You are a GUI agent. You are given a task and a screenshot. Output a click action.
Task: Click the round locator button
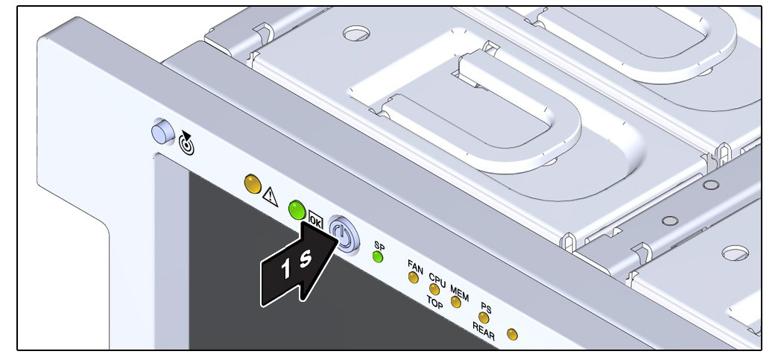pos(162,132)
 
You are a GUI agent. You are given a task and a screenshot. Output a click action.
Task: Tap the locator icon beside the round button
pos(187,143)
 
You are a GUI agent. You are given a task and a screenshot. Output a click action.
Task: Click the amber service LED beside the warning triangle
pos(253,184)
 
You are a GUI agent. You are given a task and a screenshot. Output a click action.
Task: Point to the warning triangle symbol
pos(270,197)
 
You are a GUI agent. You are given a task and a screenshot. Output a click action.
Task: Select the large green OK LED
pos(297,209)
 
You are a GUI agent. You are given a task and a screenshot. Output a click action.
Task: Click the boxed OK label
pos(315,219)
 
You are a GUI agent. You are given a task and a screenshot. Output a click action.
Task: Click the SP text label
pos(379,246)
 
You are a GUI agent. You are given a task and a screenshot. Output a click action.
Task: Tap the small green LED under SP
pos(378,257)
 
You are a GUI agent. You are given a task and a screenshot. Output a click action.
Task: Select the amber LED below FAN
pos(414,277)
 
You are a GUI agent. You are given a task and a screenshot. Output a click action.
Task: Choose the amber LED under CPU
pos(434,289)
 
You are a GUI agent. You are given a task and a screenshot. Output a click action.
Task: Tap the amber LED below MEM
pos(456,302)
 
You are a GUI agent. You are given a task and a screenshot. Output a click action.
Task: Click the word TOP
pos(434,303)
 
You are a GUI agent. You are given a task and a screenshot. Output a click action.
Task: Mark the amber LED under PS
pos(483,318)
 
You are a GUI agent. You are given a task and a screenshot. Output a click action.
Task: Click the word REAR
pos(484,331)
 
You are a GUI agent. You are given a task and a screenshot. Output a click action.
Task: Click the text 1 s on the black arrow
pos(296,264)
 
